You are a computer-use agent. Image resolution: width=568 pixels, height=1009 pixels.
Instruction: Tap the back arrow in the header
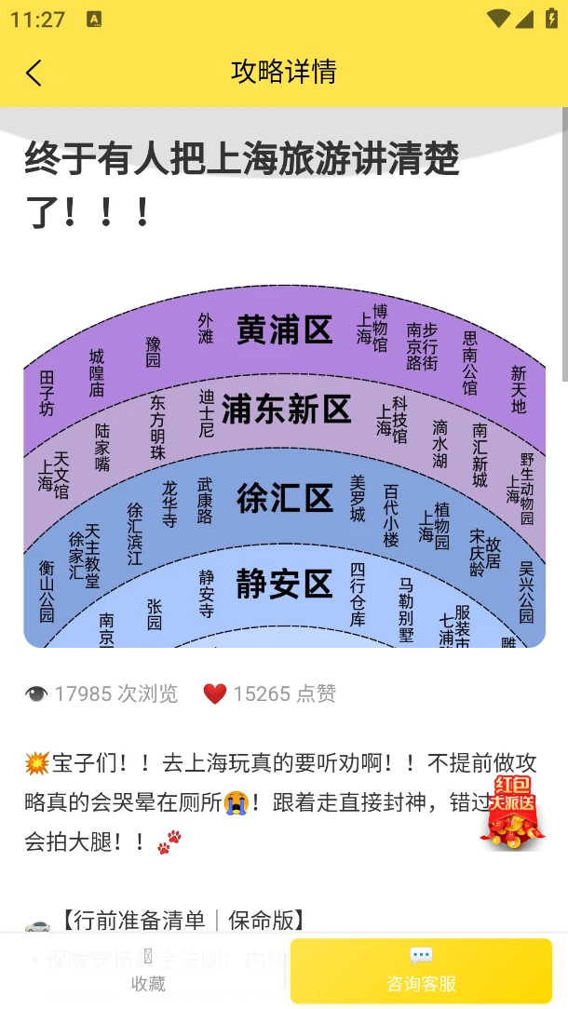[x=34, y=73]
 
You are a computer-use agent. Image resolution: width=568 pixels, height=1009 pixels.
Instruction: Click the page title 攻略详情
[x=283, y=72]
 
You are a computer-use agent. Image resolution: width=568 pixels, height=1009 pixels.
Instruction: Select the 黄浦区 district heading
[x=284, y=330]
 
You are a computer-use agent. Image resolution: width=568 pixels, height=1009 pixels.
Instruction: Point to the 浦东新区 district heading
[x=286, y=410]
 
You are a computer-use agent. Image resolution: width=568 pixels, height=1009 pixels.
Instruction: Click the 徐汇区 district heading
[x=284, y=498]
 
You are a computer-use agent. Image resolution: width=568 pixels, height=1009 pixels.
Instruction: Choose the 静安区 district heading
[x=284, y=584]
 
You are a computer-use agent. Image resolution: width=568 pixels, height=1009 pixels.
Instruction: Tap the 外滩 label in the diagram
[x=206, y=329]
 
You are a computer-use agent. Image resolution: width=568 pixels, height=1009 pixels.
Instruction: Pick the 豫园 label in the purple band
[x=154, y=352]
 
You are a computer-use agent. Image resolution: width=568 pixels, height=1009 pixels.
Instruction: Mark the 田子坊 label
[x=47, y=393]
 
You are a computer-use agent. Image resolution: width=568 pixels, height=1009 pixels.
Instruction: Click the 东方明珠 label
[x=158, y=427]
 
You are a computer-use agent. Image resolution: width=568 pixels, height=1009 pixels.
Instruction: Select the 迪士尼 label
[x=207, y=413]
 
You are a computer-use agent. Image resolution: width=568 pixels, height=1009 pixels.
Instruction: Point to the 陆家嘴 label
[x=102, y=447]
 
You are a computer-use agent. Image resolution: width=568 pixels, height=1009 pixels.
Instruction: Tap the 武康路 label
[x=205, y=501]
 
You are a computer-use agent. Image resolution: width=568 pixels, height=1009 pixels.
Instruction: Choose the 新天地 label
[x=519, y=389]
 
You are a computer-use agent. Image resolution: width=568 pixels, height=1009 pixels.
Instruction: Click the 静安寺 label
[x=207, y=594]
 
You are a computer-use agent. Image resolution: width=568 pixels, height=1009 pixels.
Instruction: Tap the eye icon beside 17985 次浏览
[x=36, y=693]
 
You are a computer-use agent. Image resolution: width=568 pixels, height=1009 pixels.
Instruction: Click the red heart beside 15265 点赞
[x=215, y=693]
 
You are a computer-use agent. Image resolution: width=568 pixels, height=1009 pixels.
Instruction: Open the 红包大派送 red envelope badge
[x=512, y=811]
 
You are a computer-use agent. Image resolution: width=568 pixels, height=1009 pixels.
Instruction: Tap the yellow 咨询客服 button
[x=421, y=971]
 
